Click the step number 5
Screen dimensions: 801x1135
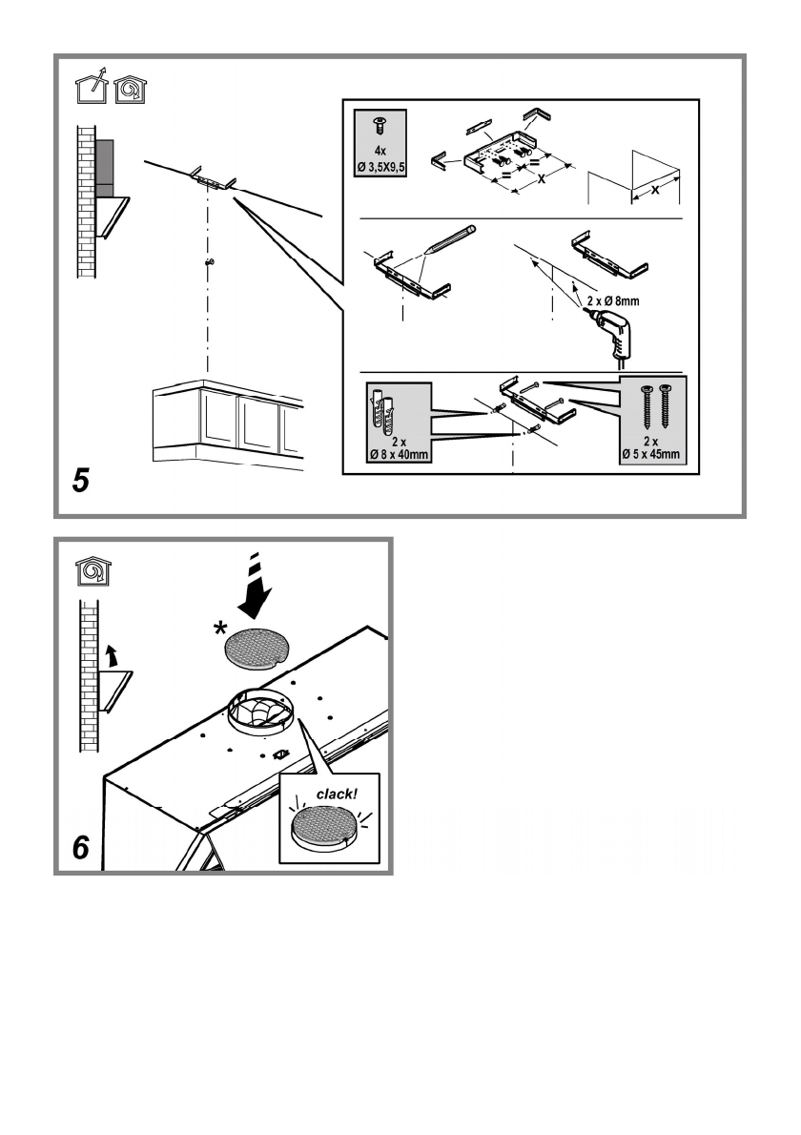point(81,480)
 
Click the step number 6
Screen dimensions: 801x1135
point(81,847)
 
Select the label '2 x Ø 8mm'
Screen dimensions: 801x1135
point(612,300)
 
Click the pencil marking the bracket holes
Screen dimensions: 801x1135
point(449,238)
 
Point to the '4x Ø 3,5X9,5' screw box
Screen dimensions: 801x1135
point(380,143)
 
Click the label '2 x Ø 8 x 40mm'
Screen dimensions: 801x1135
point(399,448)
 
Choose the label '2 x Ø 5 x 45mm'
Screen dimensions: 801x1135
point(650,447)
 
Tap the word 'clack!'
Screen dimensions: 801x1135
point(337,794)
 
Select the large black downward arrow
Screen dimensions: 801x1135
point(254,587)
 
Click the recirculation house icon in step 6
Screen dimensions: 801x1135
point(93,571)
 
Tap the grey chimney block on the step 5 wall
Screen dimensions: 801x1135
point(104,168)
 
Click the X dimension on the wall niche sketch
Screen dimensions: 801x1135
point(655,190)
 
